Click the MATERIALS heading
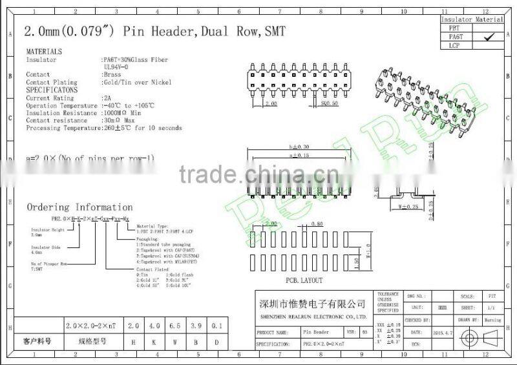[44, 51]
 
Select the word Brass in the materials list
[112, 75]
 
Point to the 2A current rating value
[107, 98]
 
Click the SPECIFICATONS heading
[52, 90]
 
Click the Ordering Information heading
[79, 207]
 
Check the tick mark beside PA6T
[489, 37]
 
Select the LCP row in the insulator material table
[457, 46]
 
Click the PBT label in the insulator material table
[457, 28]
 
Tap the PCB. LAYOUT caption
[304, 280]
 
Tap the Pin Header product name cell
[316, 332]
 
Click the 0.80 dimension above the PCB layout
[317, 224]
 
